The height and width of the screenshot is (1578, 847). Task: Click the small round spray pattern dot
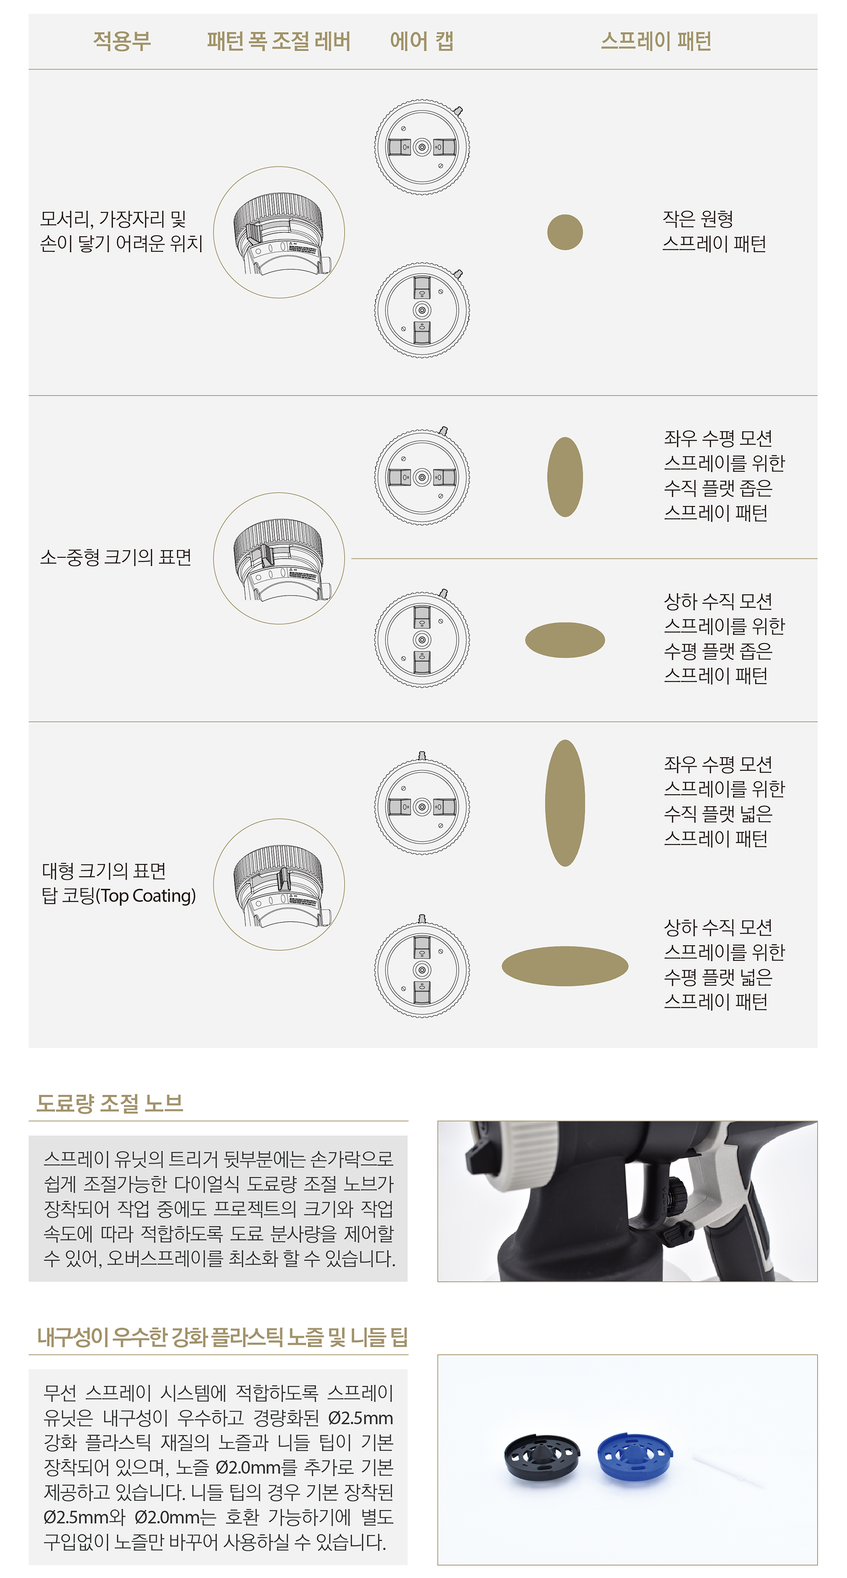(565, 232)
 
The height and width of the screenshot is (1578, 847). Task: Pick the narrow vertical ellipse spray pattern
(565, 477)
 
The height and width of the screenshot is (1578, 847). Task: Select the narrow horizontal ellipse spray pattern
(565, 640)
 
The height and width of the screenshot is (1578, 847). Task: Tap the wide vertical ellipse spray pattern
(565, 803)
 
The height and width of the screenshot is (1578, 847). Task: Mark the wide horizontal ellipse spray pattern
(565, 966)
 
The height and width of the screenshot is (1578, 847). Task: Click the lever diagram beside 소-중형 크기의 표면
(279, 559)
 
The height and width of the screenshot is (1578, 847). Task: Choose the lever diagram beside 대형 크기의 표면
(279, 884)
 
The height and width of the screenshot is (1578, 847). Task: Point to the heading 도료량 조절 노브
(110, 1103)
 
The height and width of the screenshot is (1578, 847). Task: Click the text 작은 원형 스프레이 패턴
(714, 231)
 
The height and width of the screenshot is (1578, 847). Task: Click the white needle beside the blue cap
(729, 1471)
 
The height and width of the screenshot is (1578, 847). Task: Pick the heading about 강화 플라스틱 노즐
(222, 1336)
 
